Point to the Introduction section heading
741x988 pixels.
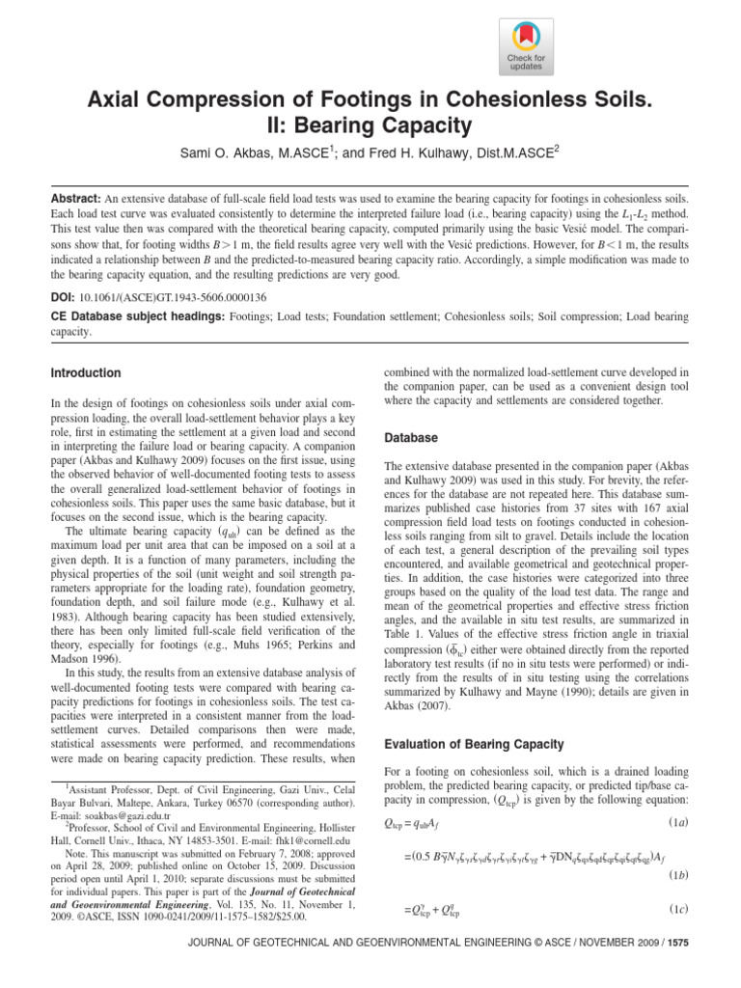click(x=85, y=372)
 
